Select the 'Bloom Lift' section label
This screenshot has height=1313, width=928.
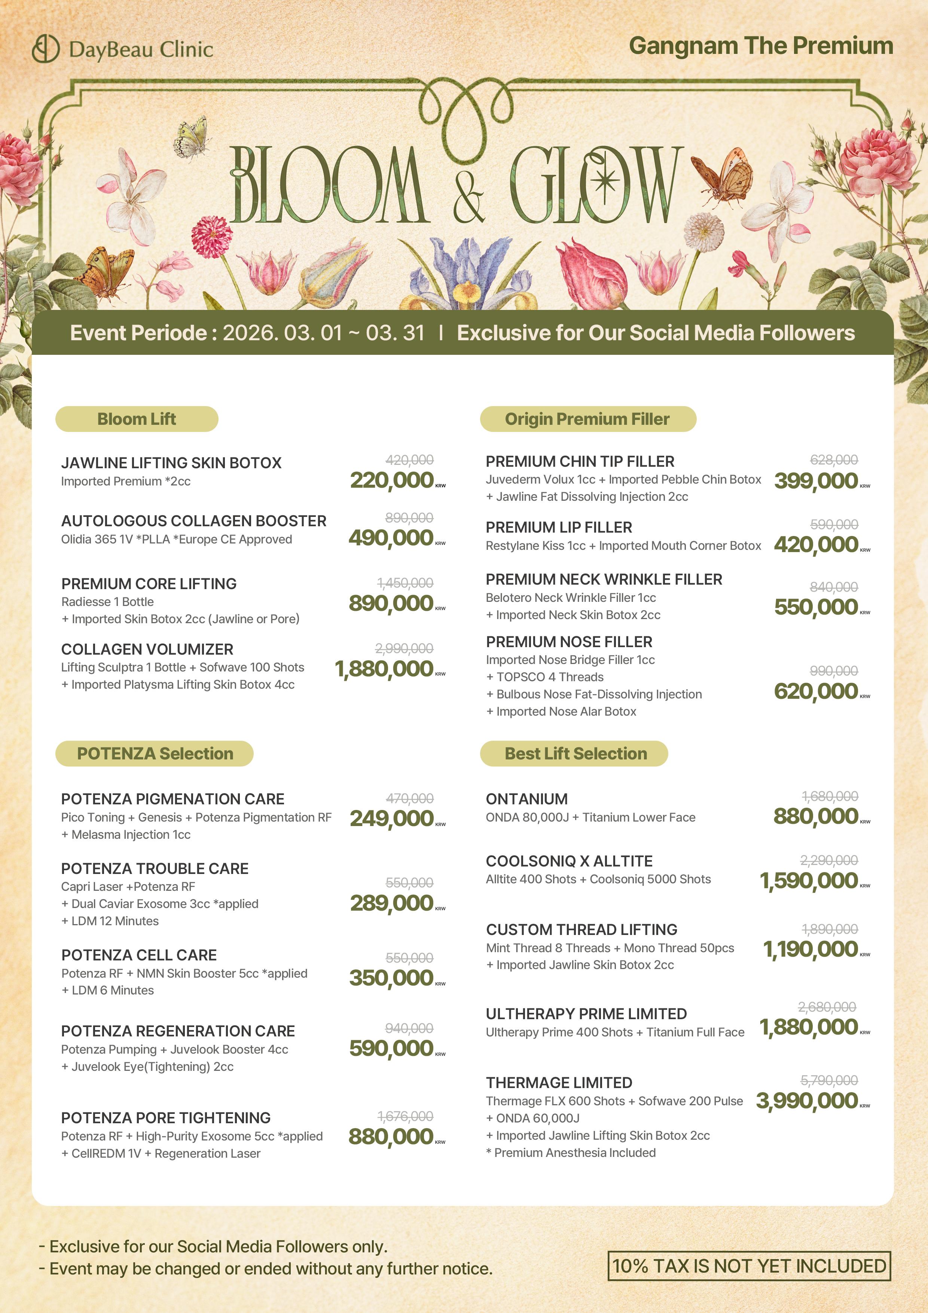click(x=137, y=419)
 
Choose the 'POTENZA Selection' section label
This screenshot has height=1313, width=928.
click(x=155, y=754)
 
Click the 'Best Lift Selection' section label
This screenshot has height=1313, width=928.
click(x=575, y=754)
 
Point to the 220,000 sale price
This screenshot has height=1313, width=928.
click(x=392, y=480)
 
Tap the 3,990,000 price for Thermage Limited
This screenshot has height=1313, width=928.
click(x=807, y=1101)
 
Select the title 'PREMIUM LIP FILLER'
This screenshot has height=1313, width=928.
click(x=559, y=527)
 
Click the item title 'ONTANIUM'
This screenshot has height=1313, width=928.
click(x=526, y=799)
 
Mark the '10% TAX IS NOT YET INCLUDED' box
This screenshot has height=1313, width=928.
click(x=749, y=1265)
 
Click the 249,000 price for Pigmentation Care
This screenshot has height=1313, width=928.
click(x=392, y=818)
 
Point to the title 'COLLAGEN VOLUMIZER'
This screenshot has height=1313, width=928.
click(x=147, y=649)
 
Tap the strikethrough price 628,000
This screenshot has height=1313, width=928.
click(x=834, y=460)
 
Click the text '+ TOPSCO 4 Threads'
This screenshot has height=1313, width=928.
click(x=544, y=677)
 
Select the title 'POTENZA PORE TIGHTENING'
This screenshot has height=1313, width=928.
click(x=166, y=1118)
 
